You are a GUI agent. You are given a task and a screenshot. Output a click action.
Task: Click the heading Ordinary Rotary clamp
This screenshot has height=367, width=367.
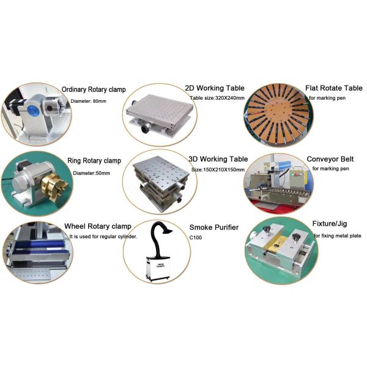(94, 90)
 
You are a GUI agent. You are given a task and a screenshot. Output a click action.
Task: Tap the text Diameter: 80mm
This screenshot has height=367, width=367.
(89, 102)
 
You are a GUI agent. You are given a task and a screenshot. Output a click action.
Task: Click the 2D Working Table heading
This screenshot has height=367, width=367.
(215, 88)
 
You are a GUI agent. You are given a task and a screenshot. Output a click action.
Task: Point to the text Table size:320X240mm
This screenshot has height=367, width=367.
(217, 98)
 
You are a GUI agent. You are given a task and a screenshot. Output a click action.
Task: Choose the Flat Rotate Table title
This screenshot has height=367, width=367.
(334, 88)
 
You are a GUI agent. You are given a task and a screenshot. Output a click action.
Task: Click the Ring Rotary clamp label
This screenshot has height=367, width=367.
(94, 161)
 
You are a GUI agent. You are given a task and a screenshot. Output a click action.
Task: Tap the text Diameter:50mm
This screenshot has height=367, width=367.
(92, 173)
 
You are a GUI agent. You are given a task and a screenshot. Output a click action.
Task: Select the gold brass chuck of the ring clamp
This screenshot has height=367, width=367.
(54, 187)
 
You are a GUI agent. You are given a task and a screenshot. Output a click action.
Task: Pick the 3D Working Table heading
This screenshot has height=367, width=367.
(218, 159)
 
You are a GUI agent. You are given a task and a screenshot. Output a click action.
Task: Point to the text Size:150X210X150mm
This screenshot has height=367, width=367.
(218, 169)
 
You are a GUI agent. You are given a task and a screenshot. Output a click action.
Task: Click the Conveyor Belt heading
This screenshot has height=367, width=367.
(330, 159)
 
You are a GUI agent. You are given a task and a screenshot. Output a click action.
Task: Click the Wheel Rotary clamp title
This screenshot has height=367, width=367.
(98, 226)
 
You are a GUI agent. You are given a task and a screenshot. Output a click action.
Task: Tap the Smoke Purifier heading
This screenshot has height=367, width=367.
(214, 228)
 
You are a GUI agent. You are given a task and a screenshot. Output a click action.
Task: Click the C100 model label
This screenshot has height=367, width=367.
(196, 237)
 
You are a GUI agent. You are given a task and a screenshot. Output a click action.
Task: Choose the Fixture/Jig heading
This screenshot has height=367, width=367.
(330, 224)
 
